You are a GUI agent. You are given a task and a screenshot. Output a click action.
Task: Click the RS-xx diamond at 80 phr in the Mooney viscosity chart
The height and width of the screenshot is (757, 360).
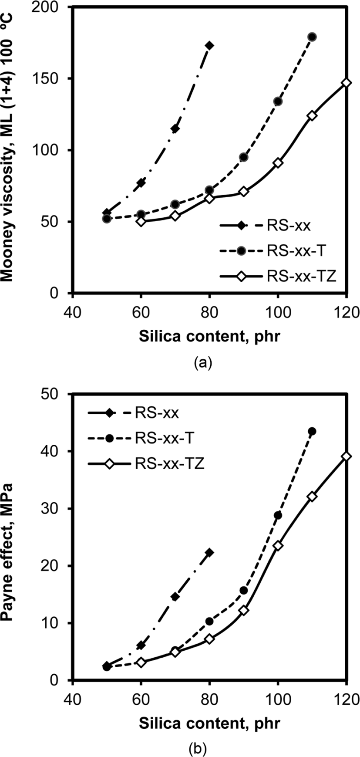(209, 46)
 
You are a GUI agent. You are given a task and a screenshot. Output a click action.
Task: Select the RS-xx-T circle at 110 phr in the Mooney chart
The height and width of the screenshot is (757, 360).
(312, 37)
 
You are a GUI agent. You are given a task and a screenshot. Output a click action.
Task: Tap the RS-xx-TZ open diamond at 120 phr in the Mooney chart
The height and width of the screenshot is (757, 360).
(347, 83)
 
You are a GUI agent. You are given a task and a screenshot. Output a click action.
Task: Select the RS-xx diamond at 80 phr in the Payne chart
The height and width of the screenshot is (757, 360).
(209, 552)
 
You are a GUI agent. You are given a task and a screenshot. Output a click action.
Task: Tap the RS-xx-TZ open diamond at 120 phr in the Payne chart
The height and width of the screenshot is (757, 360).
(347, 456)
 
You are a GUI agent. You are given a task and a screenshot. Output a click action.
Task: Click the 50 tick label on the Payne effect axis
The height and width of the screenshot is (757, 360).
(57, 394)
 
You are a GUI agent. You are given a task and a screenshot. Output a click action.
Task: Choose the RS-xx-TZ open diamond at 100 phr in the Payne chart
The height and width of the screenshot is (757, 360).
(278, 546)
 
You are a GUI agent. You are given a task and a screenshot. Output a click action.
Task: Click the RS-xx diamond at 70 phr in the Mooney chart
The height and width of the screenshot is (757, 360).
(175, 128)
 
